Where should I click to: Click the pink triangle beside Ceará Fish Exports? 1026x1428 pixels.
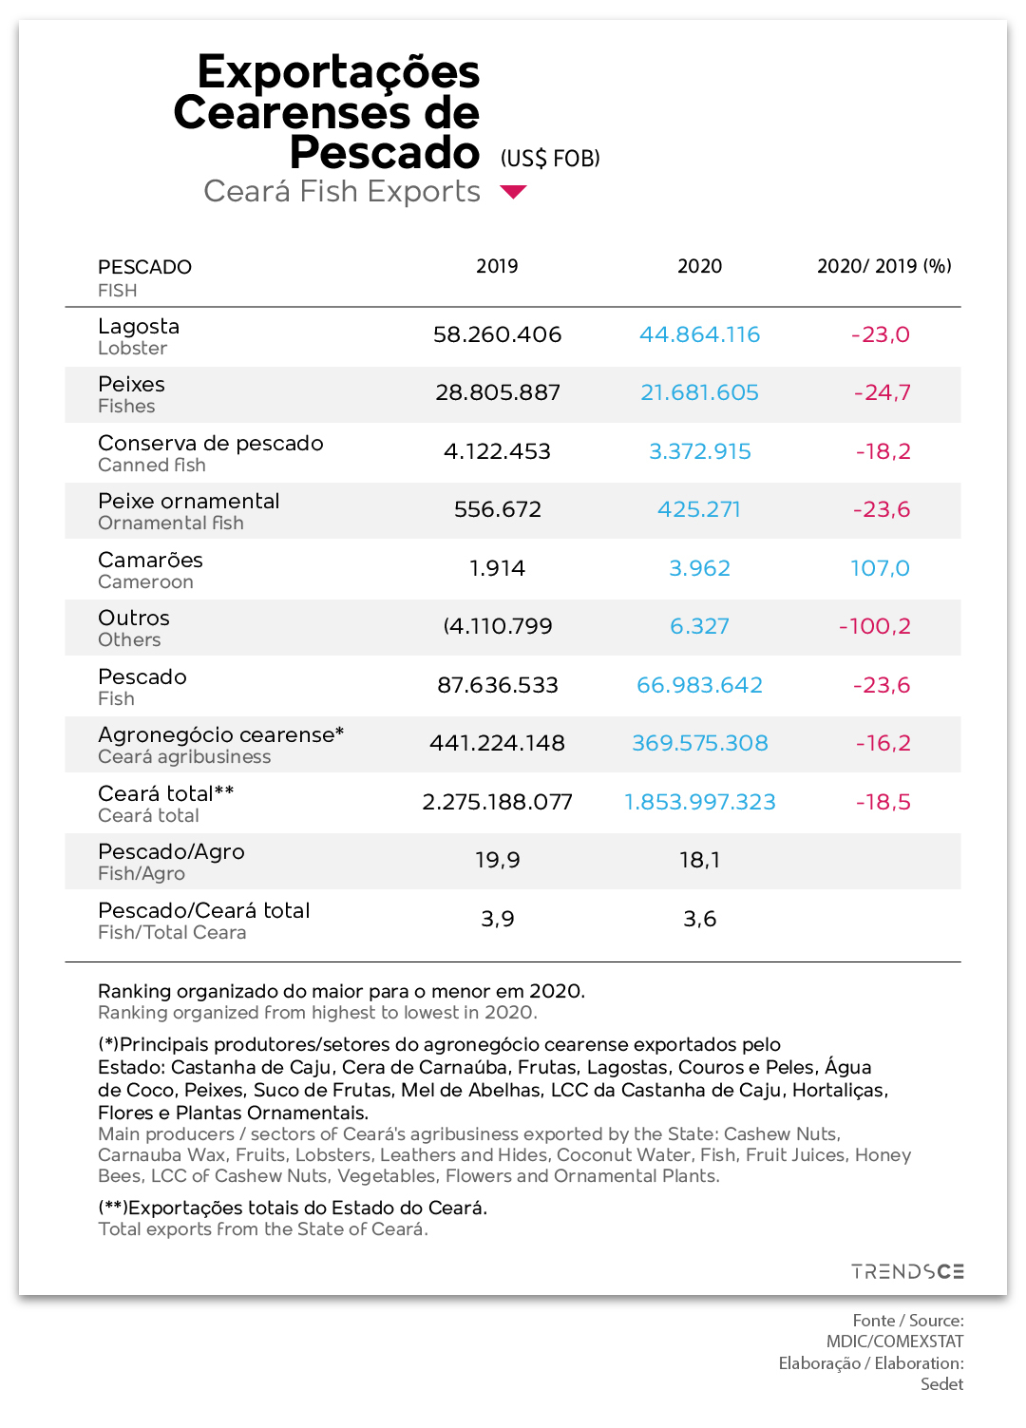513,192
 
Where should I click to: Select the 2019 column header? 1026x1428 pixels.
497,266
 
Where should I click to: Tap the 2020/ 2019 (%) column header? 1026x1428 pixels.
883,266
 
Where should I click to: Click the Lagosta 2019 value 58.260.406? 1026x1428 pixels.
497,334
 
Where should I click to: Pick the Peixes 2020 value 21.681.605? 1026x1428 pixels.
699,392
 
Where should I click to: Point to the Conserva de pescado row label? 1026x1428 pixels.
210,443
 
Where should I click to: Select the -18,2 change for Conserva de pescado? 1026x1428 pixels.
883,451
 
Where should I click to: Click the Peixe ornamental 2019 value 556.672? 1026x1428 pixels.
497,509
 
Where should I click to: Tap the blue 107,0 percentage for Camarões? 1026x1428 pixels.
880,568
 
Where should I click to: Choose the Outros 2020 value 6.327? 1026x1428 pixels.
699,626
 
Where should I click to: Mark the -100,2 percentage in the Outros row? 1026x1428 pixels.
874,626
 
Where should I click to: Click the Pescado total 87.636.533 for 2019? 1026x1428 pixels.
497,685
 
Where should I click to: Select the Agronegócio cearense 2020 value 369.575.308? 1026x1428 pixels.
700,743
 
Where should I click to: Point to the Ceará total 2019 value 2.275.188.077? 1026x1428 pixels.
497,802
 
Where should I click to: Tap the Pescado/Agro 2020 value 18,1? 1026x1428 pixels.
699,860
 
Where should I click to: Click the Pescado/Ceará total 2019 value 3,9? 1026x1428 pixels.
497,919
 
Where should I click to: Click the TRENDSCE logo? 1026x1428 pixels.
907,1272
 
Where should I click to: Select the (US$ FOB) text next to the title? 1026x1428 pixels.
550,158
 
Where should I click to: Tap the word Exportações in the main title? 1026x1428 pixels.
338,73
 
